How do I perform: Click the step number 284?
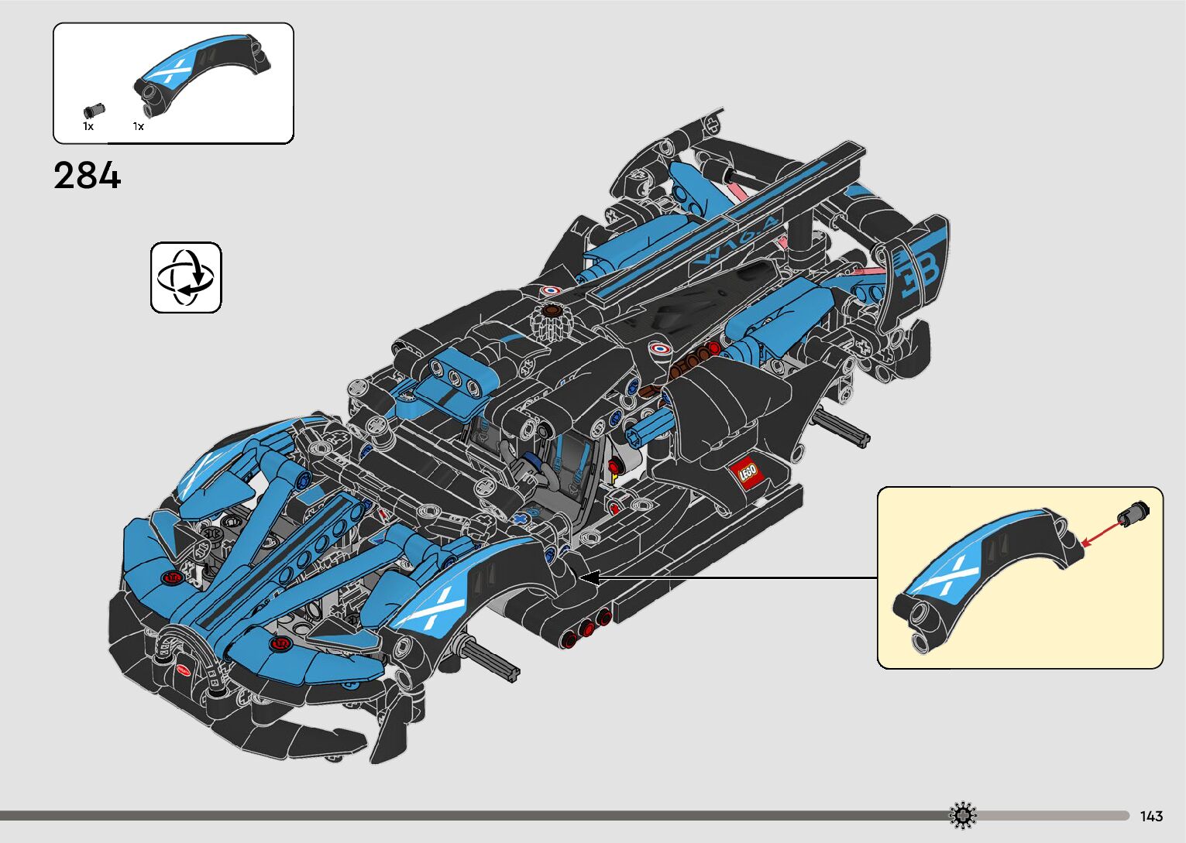coord(88,176)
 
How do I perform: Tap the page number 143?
coord(1151,816)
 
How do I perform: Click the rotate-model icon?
coord(186,277)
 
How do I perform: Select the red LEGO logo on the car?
coord(747,472)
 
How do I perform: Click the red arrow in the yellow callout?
coord(1100,533)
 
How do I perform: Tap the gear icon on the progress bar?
coord(963,815)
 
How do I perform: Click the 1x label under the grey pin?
coord(88,126)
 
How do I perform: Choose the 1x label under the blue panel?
coord(139,126)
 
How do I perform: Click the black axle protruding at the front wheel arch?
coord(492,660)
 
